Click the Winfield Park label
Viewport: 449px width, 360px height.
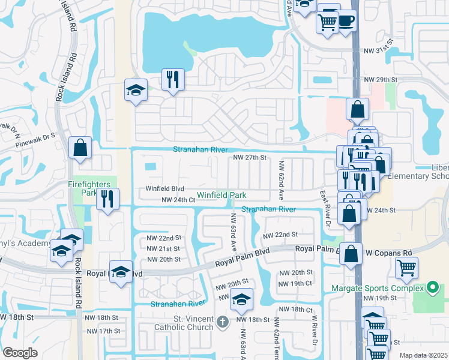(222, 196)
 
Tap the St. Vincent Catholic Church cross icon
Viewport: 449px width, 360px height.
(223, 322)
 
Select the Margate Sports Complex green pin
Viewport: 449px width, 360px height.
(431, 289)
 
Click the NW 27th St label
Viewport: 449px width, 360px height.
(249, 158)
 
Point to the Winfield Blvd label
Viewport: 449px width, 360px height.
(164, 188)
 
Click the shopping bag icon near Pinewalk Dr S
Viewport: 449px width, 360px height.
(80, 148)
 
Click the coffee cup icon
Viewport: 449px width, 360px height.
(346, 20)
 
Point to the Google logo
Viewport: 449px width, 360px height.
(20, 353)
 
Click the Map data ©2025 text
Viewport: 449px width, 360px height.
(424, 355)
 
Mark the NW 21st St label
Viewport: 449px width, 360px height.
(164, 248)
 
